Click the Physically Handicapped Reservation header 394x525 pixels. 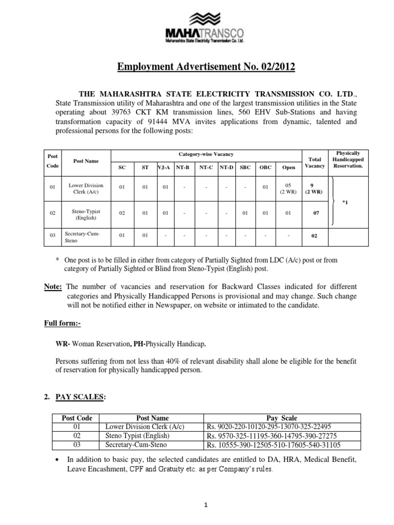coord(348,159)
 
